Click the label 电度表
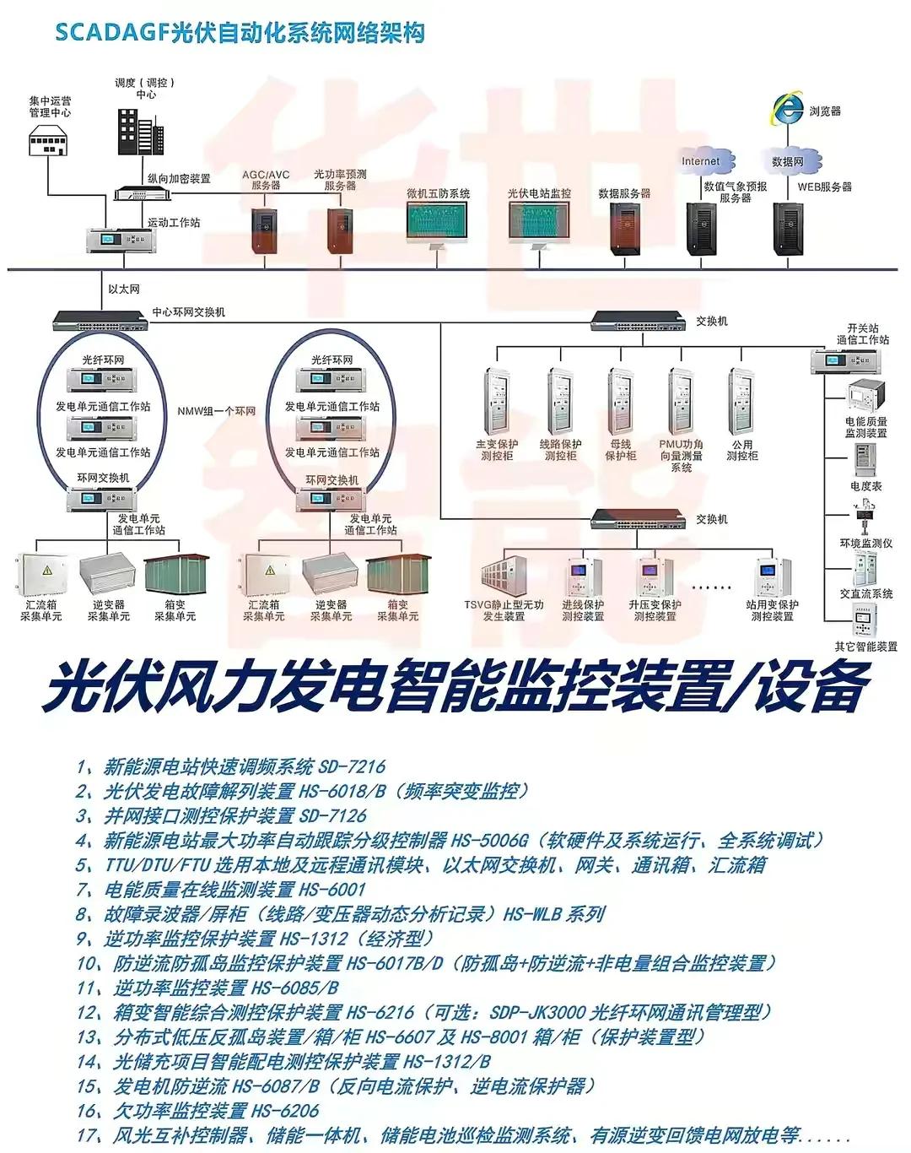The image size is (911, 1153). click(x=865, y=486)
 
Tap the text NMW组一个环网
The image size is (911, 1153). click(x=216, y=411)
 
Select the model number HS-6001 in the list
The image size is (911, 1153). click(x=332, y=890)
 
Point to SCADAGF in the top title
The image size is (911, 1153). click(x=111, y=34)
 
